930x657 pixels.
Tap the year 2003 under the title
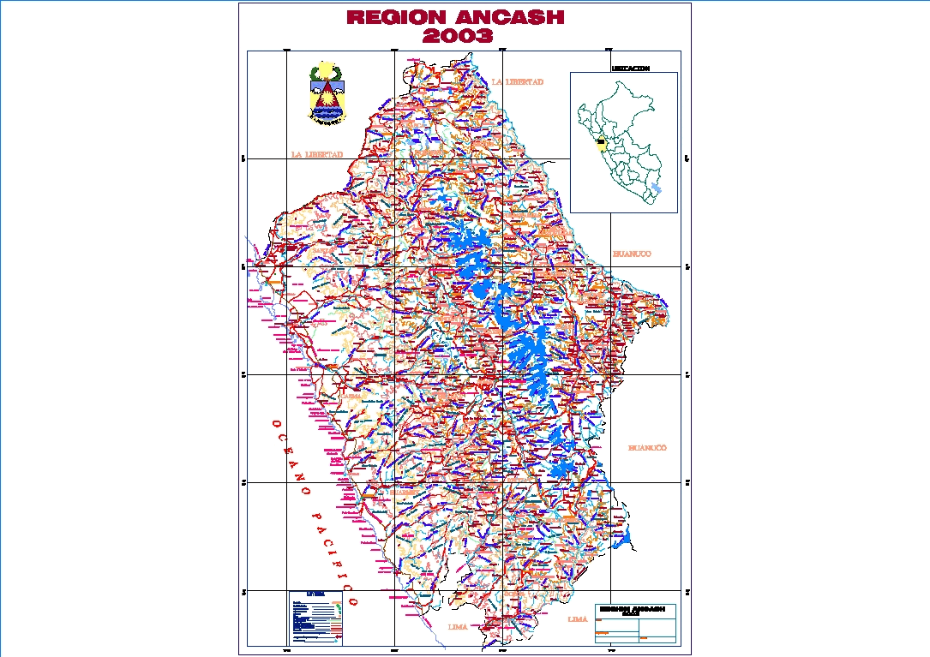(x=458, y=36)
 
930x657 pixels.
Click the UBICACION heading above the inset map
(x=630, y=68)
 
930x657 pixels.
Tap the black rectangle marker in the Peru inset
(x=601, y=142)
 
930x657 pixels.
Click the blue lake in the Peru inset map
(x=657, y=188)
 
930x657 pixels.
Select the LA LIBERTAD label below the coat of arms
(x=316, y=155)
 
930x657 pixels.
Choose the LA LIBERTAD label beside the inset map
(x=518, y=81)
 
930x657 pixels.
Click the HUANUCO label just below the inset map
(x=632, y=254)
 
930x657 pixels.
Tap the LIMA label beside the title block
(x=578, y=618)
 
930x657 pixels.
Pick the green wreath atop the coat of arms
(x=326, y=70)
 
